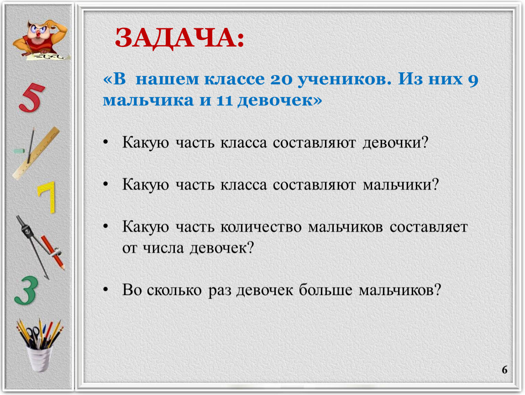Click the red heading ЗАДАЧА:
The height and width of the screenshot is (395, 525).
(x=179, y=38)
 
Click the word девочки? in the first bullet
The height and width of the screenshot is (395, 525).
(x=395, y=143)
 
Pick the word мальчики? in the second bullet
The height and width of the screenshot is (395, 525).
(x=401, y=184)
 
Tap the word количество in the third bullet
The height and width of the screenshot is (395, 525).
(x=261, y=227)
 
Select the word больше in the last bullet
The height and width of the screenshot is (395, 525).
(x=325, y=289)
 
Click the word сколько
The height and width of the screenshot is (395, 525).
(x=174, y=290)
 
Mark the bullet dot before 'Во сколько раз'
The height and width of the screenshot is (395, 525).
(x=106, y=289)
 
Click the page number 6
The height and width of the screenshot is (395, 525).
(x=504, y=369)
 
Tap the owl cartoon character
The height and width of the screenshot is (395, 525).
(x=41, y=40)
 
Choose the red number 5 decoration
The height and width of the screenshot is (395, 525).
(x=31, y=97)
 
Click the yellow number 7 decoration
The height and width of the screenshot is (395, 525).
(x=47, y=197)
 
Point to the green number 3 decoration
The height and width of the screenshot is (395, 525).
(x=26, y=290)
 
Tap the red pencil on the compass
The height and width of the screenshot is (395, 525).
(x=52, y=252)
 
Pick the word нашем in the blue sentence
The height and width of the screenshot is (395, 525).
(x=167, y=80)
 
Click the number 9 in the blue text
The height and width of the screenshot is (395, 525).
(x=473, y=80)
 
